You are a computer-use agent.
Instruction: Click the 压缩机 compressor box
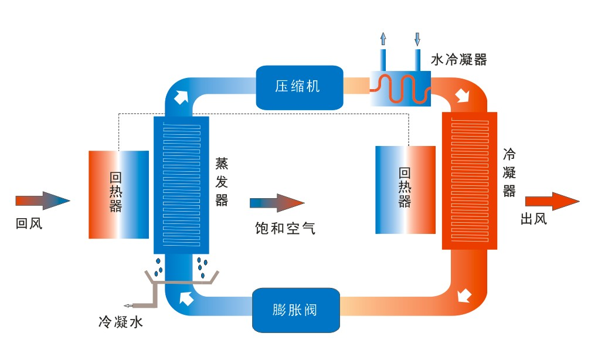(x=299, y=87)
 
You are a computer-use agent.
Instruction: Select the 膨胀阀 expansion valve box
(x=297, y=309)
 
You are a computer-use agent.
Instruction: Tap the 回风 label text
(x=29, y=223)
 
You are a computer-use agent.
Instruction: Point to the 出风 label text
(x=534, y=219)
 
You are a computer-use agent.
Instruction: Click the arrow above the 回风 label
(x=43, y=201)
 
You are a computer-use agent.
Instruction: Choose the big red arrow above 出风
(x=552, y=201)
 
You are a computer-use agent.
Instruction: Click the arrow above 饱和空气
(x=277, y=203)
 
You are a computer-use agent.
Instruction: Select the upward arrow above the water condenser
(x=383, y=39)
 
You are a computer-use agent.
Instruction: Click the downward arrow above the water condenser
(x=417, y=39)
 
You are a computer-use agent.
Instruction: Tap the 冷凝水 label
(x=120, y=321)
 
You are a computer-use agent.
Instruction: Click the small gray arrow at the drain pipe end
(x=127, y=305)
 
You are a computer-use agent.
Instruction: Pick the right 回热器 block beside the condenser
(x=405, y=189)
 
